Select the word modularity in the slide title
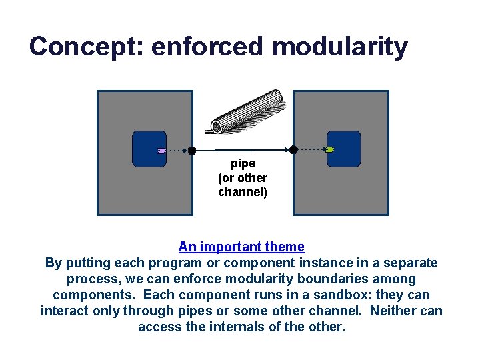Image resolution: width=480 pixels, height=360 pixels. click(339, 47)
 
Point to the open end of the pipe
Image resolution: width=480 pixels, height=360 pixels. click(217, 126)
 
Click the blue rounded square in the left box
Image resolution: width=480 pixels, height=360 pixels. click(149, 149)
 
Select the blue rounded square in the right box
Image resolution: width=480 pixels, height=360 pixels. click(345, 149)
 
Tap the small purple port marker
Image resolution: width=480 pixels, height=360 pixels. click(161, 151)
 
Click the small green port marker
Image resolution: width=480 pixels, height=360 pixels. click(330, 150)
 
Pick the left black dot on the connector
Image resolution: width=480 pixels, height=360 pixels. click(191, 151)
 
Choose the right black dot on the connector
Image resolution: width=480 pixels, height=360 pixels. click(293, 149)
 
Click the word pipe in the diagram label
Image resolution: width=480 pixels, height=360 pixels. click(243, 163)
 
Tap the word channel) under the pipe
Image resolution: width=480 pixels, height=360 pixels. click(243, 192)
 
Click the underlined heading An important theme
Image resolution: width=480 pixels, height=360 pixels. click(241, 247)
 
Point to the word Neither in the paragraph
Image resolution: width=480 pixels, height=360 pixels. click(391, 311)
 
